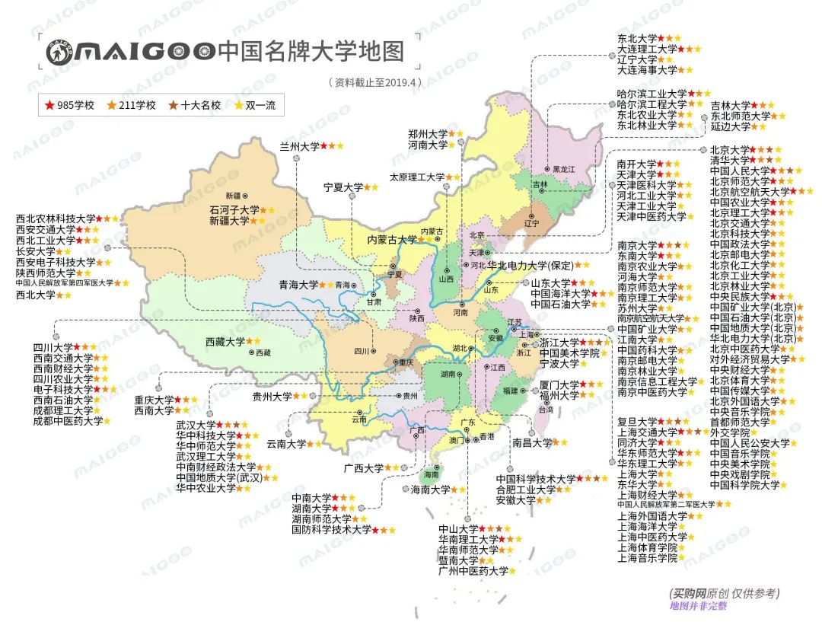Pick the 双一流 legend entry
(x=260, y=105)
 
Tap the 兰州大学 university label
(x=299, y=145)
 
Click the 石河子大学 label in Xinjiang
(x=234, y=209)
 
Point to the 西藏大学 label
(x=225, y=342)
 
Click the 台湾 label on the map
(x=546, y=410)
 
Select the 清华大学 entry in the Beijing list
(x=729, y=161)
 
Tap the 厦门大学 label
(x=559, y=384)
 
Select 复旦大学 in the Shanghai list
(x=636, y=421)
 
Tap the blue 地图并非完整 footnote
(x=699, y=606)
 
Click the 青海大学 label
(x=298, y=285)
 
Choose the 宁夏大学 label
(x=342, y=187)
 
